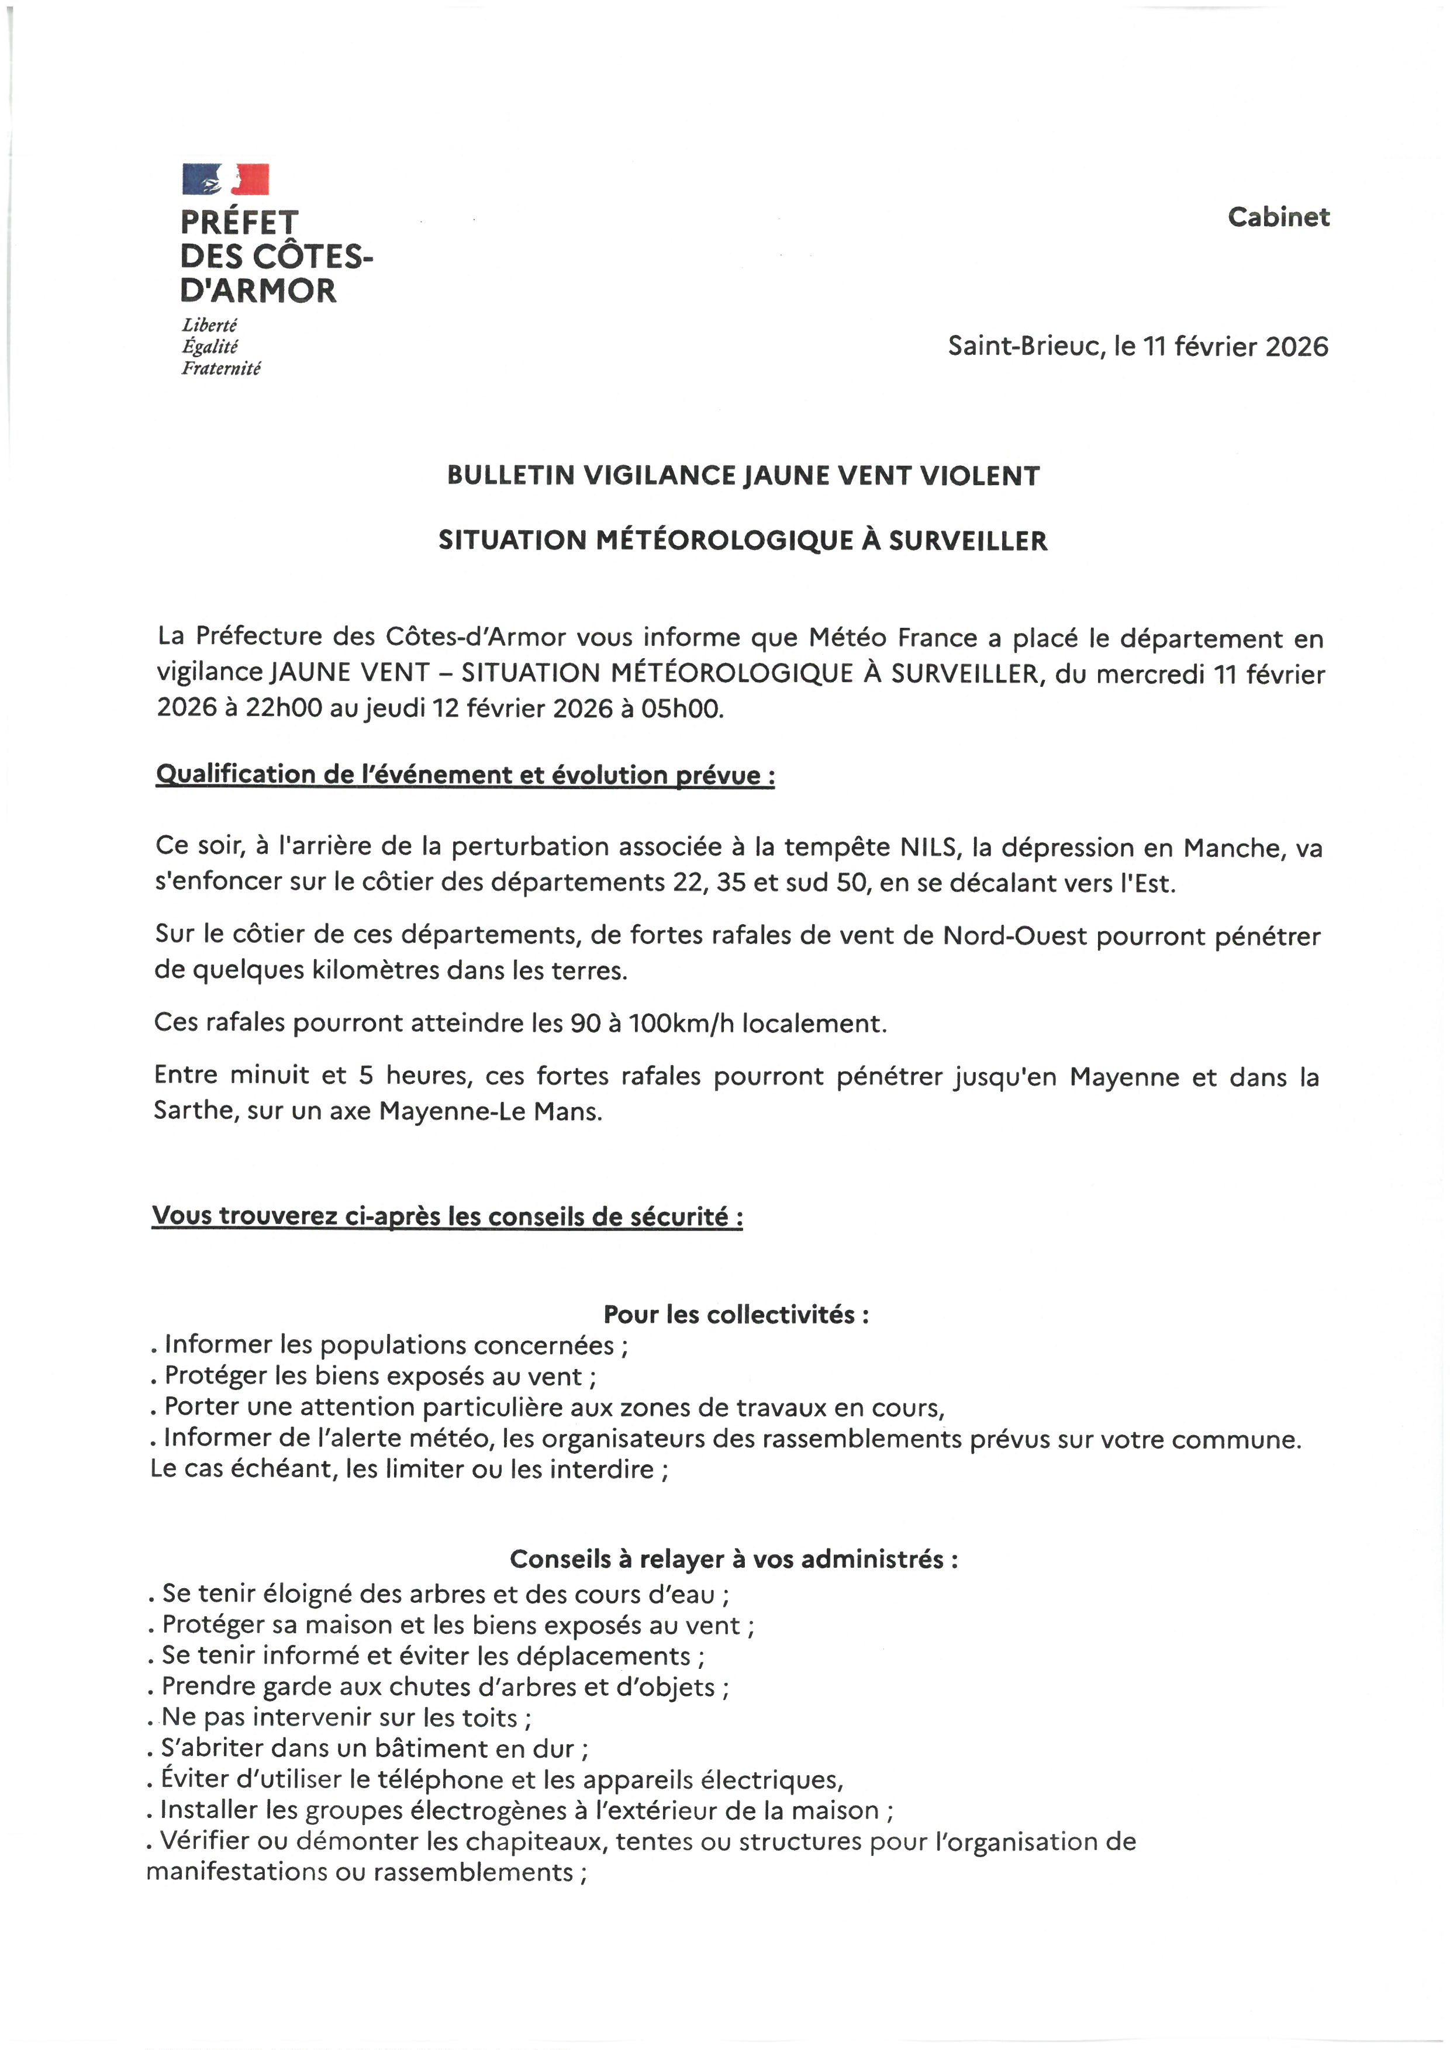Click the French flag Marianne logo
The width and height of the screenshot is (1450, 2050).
click(225, 178)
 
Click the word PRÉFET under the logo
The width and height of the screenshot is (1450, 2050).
click(239, 222)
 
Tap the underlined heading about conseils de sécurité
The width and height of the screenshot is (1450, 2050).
click(447, 1216)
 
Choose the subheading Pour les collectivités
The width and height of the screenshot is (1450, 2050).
click(736, 1314)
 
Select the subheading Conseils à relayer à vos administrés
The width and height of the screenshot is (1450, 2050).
click(733, 1559)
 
